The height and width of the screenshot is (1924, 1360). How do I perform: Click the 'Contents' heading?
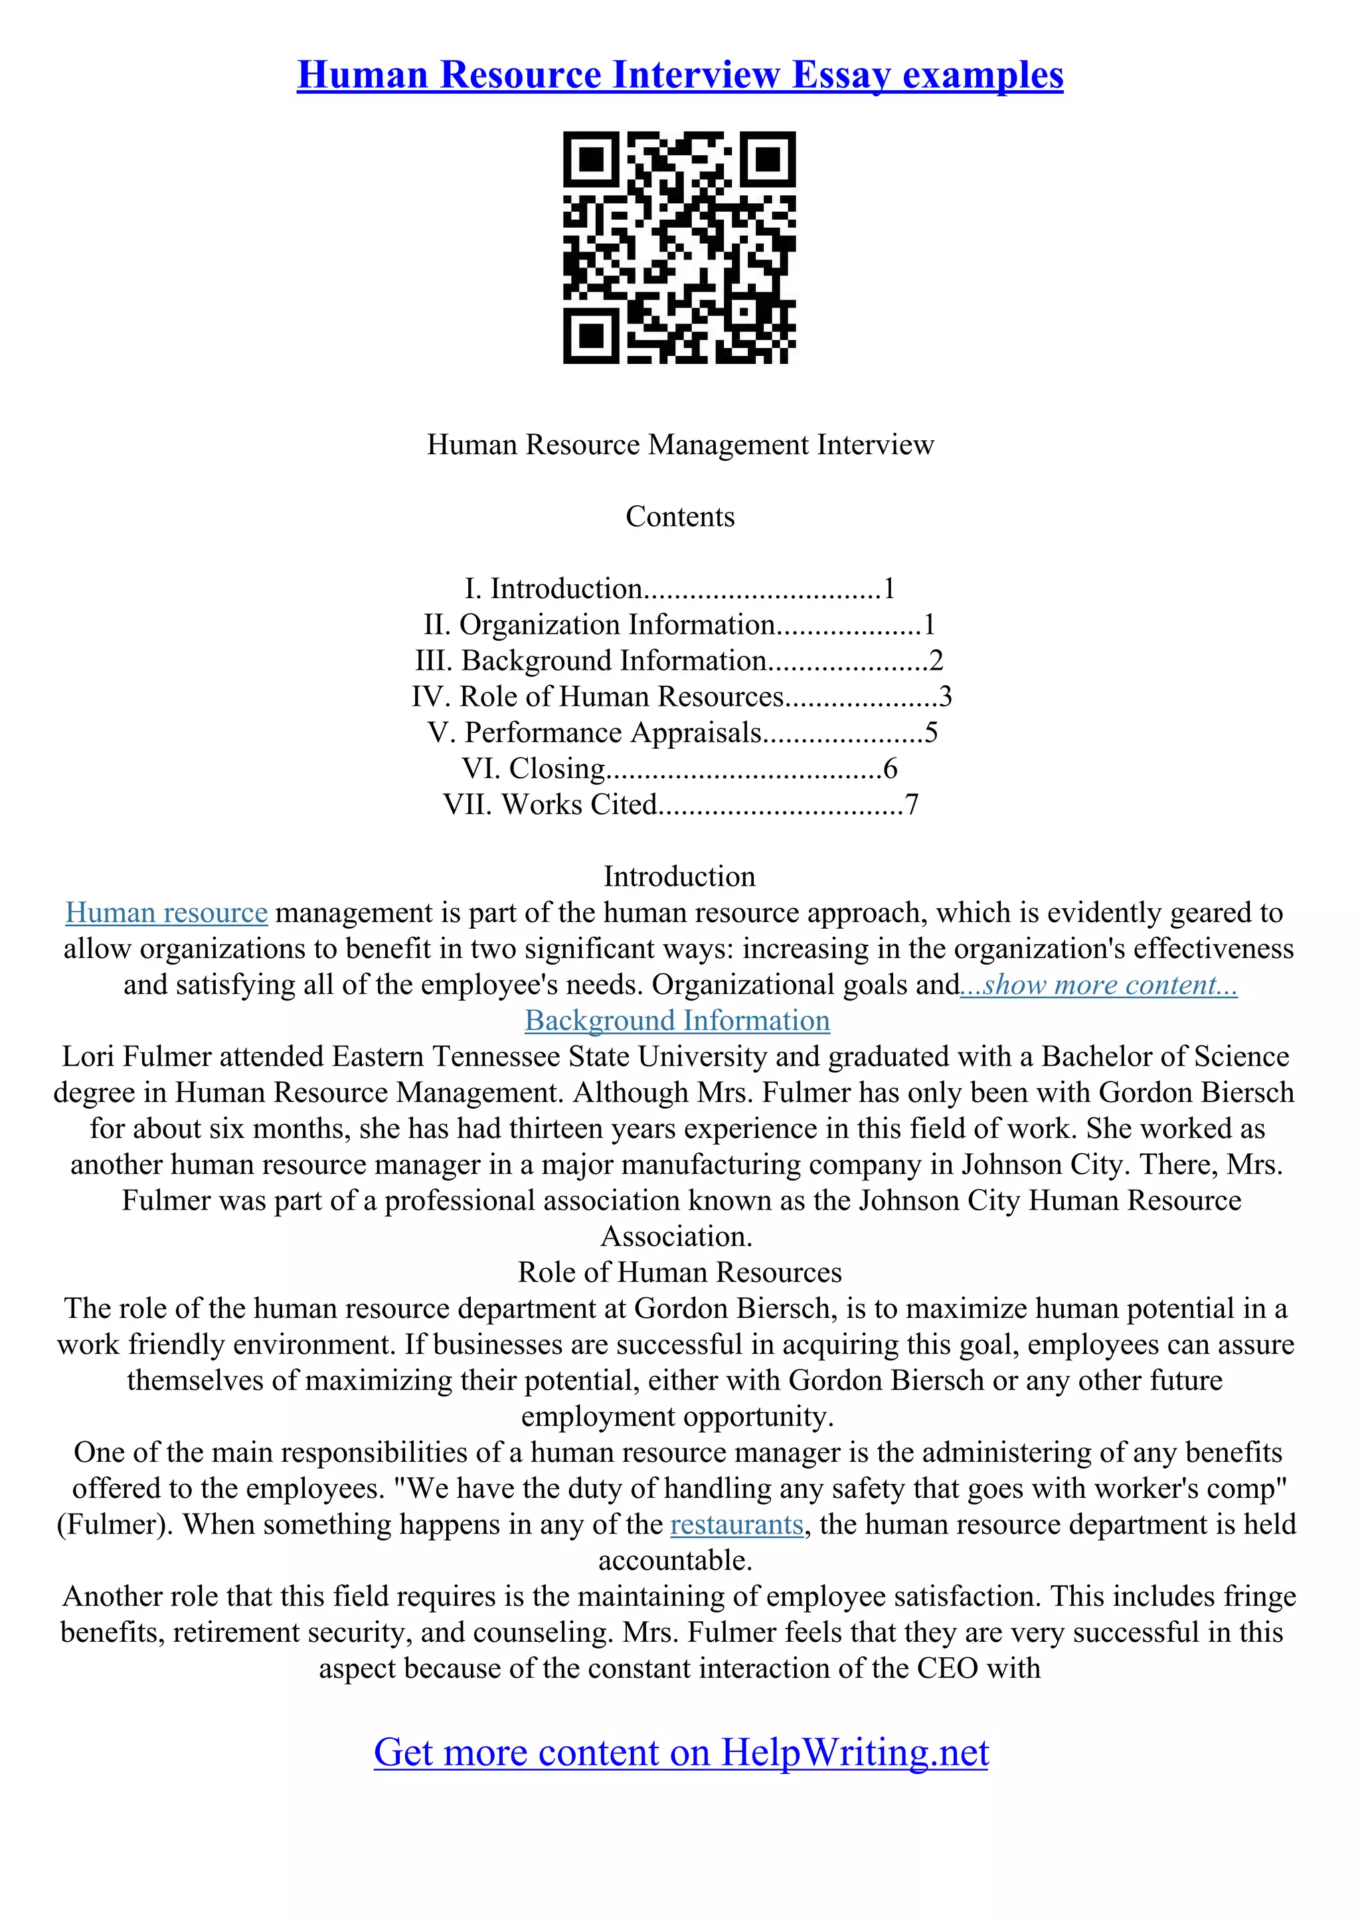click(679, 517)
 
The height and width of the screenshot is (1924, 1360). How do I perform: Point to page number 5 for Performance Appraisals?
click(931, 732)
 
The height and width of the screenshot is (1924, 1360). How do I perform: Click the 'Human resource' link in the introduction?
click(166, 913)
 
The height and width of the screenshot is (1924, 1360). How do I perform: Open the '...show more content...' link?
click(1098, 985)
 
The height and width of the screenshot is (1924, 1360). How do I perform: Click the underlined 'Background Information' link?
click(677, 1020)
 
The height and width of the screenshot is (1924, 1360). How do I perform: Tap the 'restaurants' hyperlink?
click(736, 1524)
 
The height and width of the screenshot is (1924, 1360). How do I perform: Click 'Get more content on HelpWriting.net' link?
click(681, 1752)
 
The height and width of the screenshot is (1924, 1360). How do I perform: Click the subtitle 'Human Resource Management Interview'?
click(679, 444)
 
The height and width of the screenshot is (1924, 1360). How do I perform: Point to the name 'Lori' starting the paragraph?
click(87, 1057)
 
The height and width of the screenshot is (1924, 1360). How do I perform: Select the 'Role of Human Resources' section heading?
click(679, 1272)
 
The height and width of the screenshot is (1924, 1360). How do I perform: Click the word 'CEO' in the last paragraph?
click(948, 1668)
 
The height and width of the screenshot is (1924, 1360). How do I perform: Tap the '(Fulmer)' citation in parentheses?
click(115, 1524)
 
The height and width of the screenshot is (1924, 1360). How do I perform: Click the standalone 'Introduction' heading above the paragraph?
click(679, 876)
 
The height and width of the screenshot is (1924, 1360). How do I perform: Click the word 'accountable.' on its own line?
click(675, 1560)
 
